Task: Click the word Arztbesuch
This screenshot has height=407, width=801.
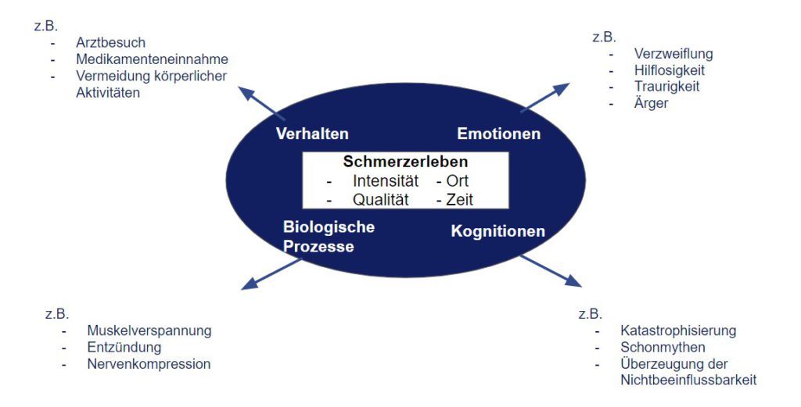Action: click(110, 42)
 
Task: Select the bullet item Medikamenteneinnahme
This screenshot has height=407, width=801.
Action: click(152, 59)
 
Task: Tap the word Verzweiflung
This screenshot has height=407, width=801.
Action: click(673, 54)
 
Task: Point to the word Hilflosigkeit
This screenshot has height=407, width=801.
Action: click(670, 70)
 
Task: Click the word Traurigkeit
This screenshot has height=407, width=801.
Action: click(666, 86)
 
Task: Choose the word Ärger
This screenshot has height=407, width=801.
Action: click(651, 102)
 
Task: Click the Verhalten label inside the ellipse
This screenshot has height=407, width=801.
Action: click(312, 134)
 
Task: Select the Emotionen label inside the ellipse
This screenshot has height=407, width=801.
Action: click(498, 134)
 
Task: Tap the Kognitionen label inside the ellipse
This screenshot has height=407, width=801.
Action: click(498, 231)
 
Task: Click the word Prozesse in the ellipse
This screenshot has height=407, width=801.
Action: click(318, 246)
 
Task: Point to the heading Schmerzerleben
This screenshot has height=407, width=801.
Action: click(405, 162)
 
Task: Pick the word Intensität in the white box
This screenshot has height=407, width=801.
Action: click(385, 181)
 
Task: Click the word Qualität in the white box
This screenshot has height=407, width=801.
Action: click(381, 199)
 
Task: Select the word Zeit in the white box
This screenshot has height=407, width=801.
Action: click(460, 199)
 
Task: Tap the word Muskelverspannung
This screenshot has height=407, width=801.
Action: click(149, 330)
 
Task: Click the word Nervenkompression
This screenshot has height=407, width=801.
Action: click(149, 364)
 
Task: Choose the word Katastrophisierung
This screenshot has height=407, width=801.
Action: click(678, 330)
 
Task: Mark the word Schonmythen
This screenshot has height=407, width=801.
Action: click(663, 348)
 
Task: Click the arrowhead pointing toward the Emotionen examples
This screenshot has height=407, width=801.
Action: click(561, 89)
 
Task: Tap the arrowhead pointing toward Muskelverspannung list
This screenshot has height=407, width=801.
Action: click(250, 284)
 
